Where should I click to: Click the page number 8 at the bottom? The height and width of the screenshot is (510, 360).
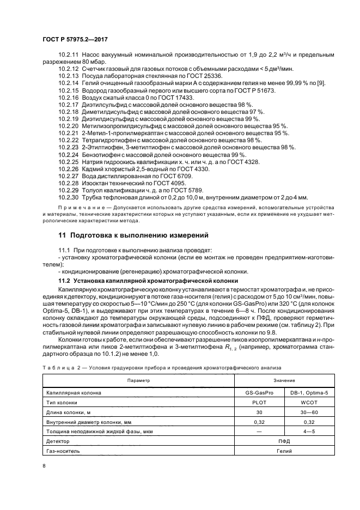(44, 465)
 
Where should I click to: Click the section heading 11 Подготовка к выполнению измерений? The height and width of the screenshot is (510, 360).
(133, 235)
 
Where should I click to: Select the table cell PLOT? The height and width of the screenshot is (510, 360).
(259, 404)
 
